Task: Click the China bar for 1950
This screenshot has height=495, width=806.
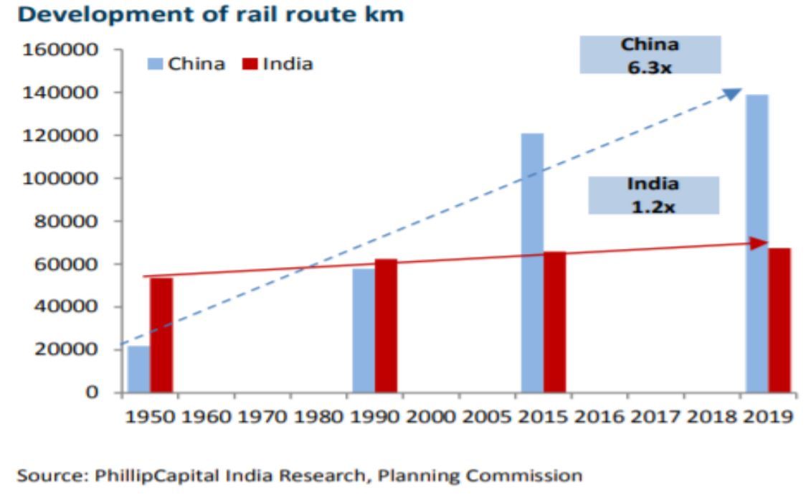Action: coord(138,369)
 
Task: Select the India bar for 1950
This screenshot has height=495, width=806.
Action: coord(161,335)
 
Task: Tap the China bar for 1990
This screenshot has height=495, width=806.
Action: coord(364,331)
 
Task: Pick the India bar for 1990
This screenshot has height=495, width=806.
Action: coord(386,326)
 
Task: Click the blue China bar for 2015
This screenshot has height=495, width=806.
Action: coord(532,263)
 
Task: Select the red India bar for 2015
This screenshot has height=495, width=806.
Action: coord(554,322)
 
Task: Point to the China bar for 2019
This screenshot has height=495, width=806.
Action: coord(757,244)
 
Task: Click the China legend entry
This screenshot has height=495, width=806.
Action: coord(188,64)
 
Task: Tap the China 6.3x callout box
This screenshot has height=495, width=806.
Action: coord(650,54)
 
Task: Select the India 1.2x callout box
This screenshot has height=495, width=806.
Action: coord(653,194)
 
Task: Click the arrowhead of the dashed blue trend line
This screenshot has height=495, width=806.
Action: coord(733,93)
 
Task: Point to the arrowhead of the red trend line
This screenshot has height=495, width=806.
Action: coord(760,244)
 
